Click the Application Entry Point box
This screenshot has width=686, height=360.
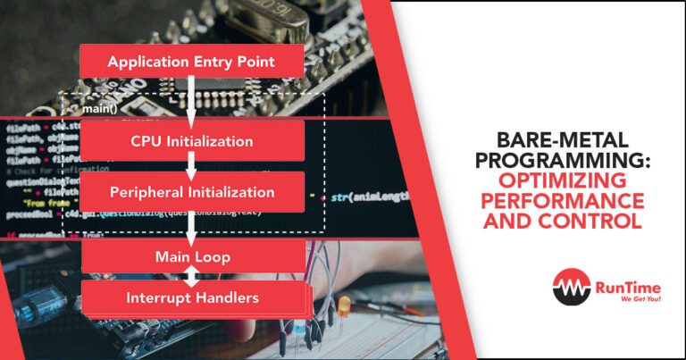click(x=190, y=62)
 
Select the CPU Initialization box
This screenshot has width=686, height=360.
click(x=191, y=141)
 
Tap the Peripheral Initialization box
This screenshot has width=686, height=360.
click(x=191, y=192)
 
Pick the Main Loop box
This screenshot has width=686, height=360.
click(x=190, y=256)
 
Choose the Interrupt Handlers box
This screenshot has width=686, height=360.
click(x=190, y=297)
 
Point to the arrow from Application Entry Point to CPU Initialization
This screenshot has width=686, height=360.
click(x=191, y=100)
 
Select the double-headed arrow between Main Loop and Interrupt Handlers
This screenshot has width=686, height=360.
click(x=191, y=277)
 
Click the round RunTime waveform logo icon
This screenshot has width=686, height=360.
click(x=569, y=287)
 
